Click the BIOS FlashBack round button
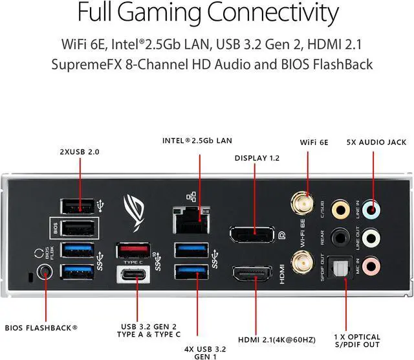(45, 273)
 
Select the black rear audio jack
(339, 237)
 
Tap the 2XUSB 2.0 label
(80, 152)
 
